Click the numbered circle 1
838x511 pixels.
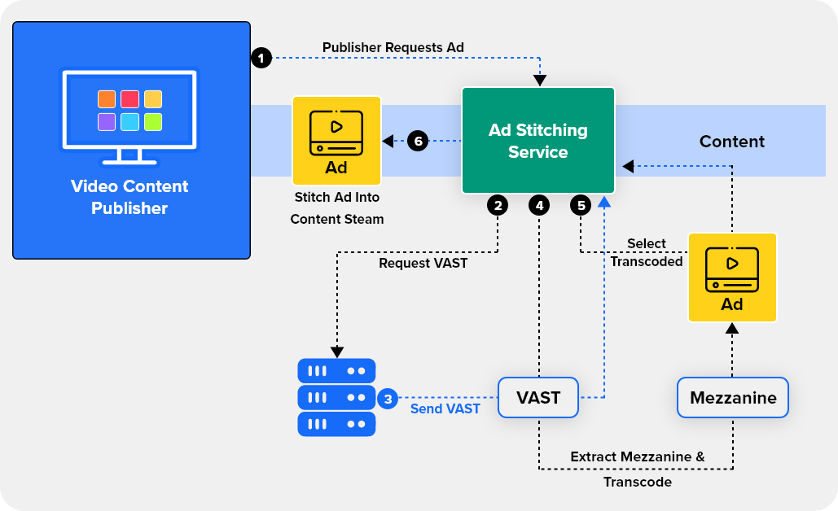tap(261, 59)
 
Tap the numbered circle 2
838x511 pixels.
tap(497, 206)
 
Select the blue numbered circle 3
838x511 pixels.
tap(388, 399)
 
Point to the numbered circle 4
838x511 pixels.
tap(538, 206)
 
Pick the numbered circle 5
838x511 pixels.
tap(581, 206)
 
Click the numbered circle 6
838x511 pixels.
tap(418, 141)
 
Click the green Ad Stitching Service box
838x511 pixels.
tap(537, 140)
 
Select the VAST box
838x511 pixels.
tap(538, 398)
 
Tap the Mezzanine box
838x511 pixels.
tap(733, 398)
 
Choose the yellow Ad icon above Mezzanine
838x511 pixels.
tap(731, 277)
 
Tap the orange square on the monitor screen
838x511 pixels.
tap(107, 99)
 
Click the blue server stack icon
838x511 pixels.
tap(336, 397)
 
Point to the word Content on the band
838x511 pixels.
tap(731, 142)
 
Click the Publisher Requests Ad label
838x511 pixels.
tap(393, 47)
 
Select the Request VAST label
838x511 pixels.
tap(423, 263)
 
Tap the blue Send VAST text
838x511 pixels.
tap(445, 408)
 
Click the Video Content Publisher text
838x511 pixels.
tap(129, 197)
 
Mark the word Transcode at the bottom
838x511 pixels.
tap(637, 482)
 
